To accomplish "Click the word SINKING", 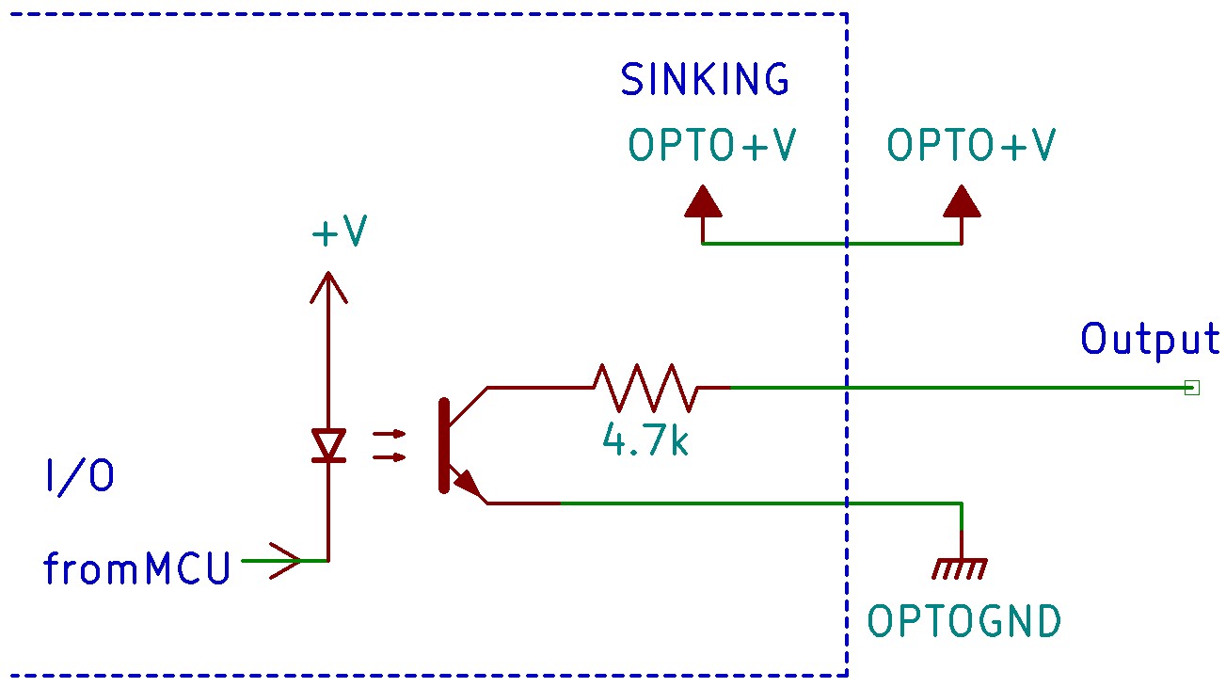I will [x=705, y=80].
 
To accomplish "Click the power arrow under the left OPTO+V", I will [x=703, y=201].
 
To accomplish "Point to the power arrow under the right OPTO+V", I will [x=962, y=201].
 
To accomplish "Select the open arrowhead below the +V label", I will [x=328, y=287].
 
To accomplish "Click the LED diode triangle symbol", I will [x=328, y=444].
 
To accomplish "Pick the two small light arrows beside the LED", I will [x=389, y=446].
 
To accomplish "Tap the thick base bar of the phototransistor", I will [x=443, y=445].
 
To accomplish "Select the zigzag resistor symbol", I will [x=645, y=387].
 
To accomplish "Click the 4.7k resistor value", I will [x=645, y=440].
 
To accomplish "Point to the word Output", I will [x=1149, y=339].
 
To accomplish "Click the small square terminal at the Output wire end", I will [x=1191, y=387].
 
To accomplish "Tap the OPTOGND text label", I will [x=963, y=622].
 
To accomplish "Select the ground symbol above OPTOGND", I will [x=961, y=567].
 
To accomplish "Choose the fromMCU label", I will [x=137, y=569].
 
